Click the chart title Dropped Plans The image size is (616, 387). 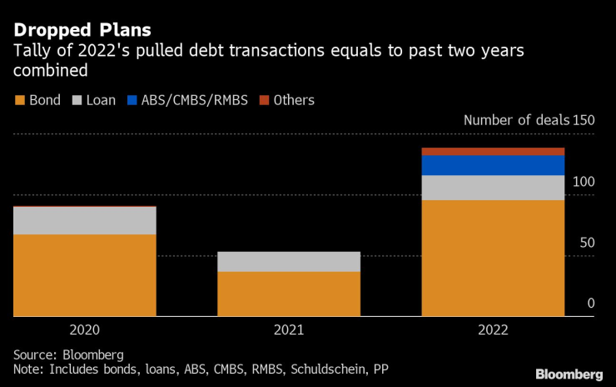coord(82,30)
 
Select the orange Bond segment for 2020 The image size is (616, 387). coord(85,275)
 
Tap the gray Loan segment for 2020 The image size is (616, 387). coord(85,221)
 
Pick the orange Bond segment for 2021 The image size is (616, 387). coord(289,294)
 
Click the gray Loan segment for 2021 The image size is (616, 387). coord(289,262)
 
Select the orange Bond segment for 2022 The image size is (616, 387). coord(493,258)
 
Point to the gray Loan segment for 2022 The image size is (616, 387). coord(493,188)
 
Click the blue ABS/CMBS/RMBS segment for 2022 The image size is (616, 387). coord(493,165)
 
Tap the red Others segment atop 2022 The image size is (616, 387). coord(493,152)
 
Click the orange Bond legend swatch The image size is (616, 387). coord(20,100)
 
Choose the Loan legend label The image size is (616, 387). coord(101,100)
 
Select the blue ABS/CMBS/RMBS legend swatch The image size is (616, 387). coord(132,100)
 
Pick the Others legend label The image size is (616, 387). coord(294,100)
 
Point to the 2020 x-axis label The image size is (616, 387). coord(85,329)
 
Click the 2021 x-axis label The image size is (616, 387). coord(289,329)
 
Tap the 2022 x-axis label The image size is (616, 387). coord(493,329)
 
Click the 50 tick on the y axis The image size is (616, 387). coord(588,243)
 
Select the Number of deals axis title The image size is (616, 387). coord(516,120)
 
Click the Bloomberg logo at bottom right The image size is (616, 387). coord(569,373)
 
